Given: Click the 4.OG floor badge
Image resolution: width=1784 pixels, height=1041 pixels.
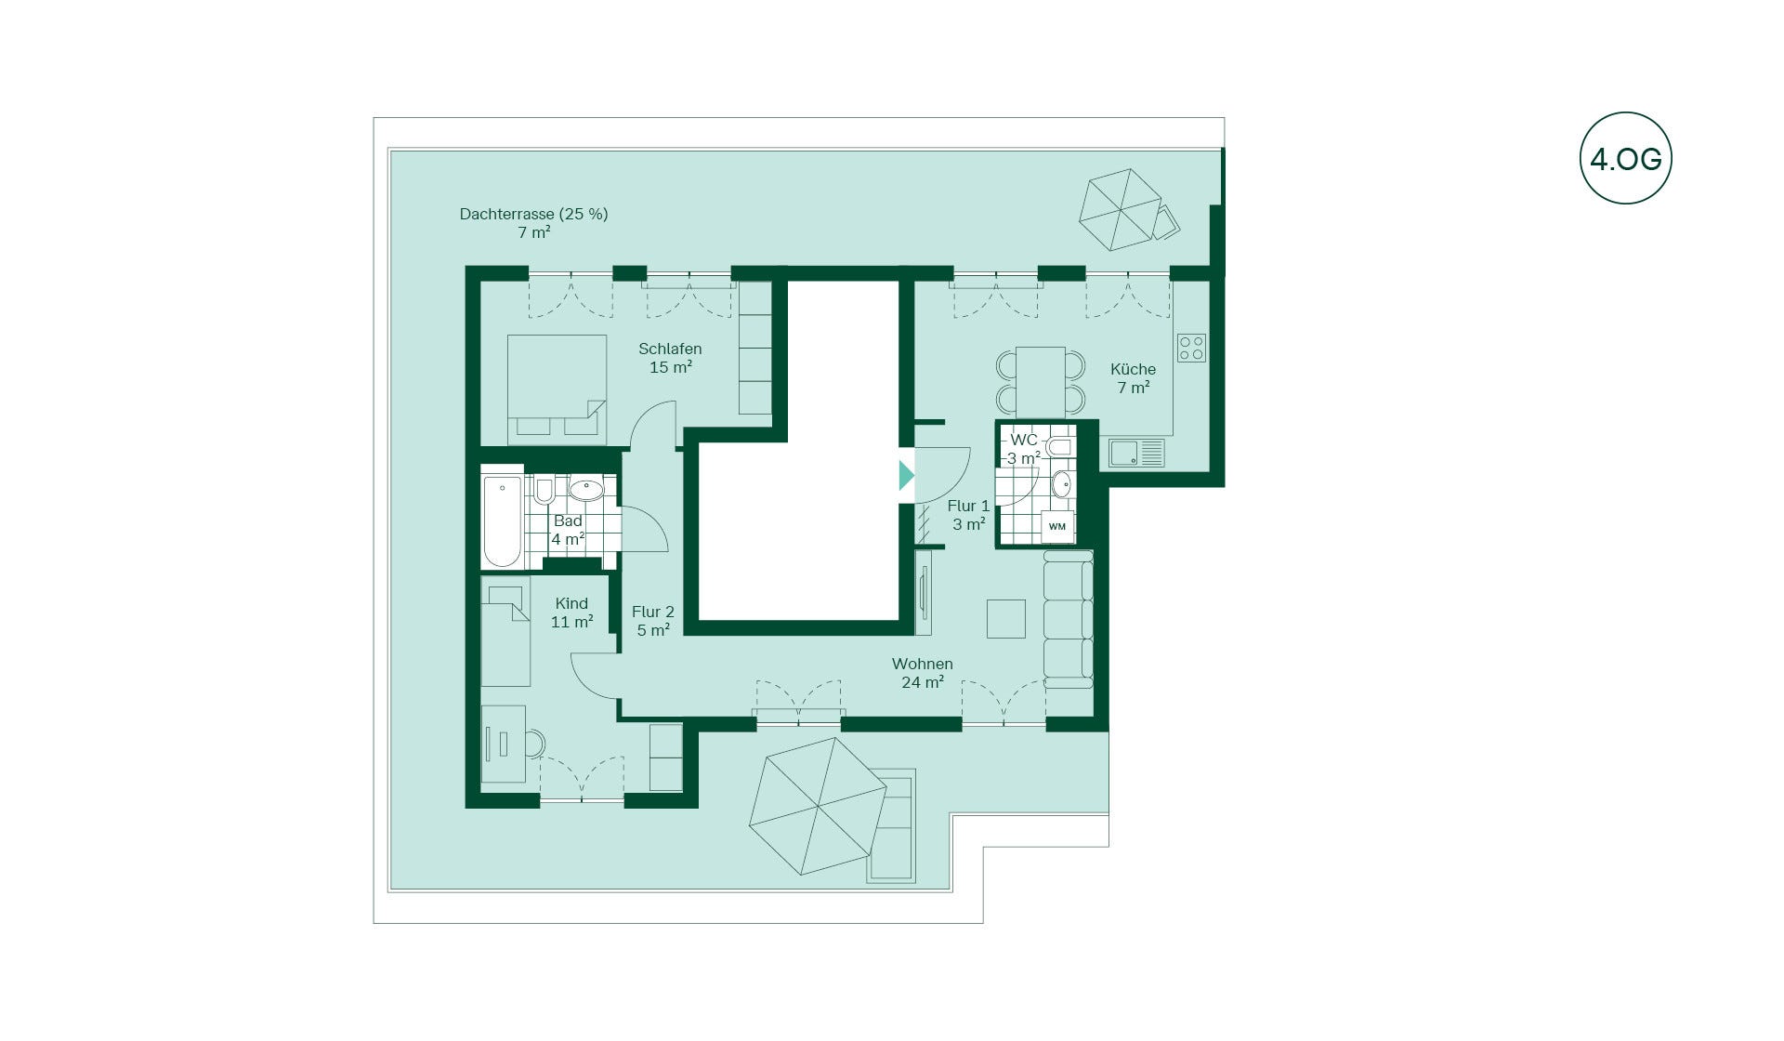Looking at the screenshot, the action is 1625,158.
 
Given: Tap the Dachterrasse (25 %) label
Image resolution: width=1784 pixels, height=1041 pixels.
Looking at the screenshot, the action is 533,214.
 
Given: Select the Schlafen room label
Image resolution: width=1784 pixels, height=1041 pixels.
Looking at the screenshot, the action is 670,349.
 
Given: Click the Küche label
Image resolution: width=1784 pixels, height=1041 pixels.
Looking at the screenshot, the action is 1133,369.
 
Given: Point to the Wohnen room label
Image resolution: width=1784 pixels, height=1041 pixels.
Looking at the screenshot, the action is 922,664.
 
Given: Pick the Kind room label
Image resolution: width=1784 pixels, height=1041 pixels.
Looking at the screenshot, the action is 571,603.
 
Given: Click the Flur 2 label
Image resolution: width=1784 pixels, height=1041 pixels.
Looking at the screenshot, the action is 652,612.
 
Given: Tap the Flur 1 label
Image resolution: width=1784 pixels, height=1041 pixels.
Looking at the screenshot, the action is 968,506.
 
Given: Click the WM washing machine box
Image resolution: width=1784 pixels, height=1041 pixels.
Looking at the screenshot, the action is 1057,526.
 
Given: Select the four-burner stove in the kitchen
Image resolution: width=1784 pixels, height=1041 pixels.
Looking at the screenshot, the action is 1191,348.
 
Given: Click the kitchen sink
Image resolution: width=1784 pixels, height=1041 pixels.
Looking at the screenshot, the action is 1136,454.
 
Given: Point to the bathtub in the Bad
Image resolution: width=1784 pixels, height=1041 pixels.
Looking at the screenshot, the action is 503,521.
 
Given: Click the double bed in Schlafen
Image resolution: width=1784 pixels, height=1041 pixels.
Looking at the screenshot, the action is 557,389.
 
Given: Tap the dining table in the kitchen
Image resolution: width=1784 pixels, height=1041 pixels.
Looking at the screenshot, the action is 1041,382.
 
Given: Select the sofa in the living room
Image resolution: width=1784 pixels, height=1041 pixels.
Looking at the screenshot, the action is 1068,619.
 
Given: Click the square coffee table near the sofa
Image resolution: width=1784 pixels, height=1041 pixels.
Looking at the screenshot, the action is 1005,619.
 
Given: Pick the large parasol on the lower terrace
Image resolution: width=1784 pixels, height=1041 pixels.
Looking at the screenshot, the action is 818,806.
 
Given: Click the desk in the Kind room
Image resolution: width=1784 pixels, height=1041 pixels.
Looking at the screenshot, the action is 504,743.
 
